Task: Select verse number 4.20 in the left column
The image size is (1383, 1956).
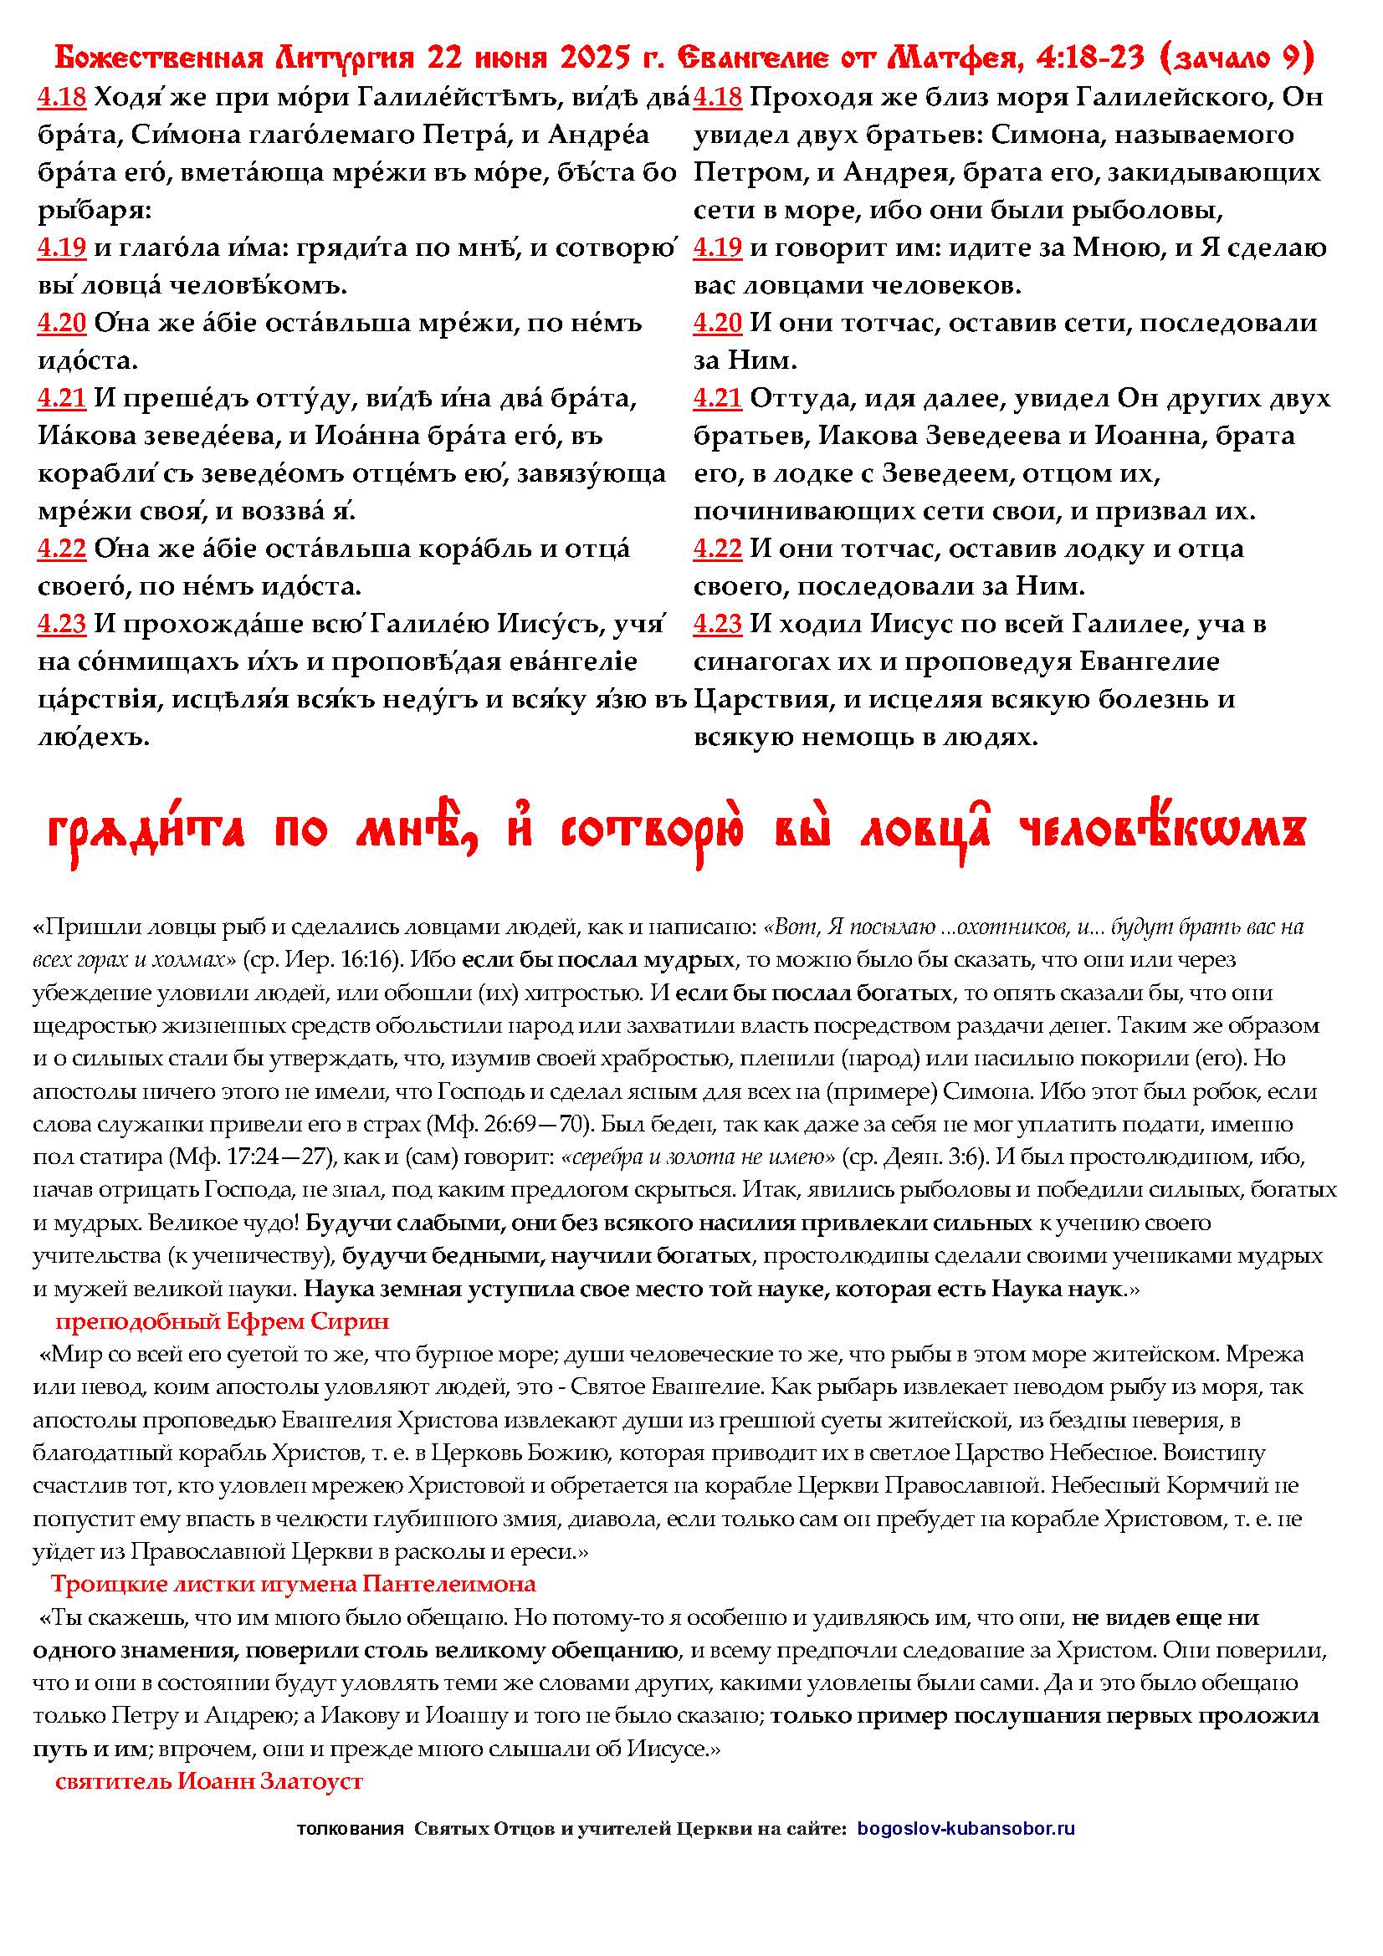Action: pyautogui.click(x=61, y=323)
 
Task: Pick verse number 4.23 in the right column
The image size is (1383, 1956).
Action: pyautogui.click(x=718, y=625)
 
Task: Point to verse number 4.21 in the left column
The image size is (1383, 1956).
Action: pyautogui.click(x=61, y=398)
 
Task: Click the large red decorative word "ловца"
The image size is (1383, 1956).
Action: pyautogui.click(x=925, y=833)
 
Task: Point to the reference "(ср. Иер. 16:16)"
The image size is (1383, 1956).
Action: pyautogui.click(x=322, y=959)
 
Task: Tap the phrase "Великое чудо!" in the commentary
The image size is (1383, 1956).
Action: pyautogui.click(x=224, y=1223)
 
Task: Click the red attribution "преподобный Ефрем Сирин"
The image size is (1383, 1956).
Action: pyautogui.click(x=222, y=1321)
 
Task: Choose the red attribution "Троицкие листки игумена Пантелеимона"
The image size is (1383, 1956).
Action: pyautogui.click(x=293, y=1584)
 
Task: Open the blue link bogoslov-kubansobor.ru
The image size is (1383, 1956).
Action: pyautogui.click(x=966, y=1828)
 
